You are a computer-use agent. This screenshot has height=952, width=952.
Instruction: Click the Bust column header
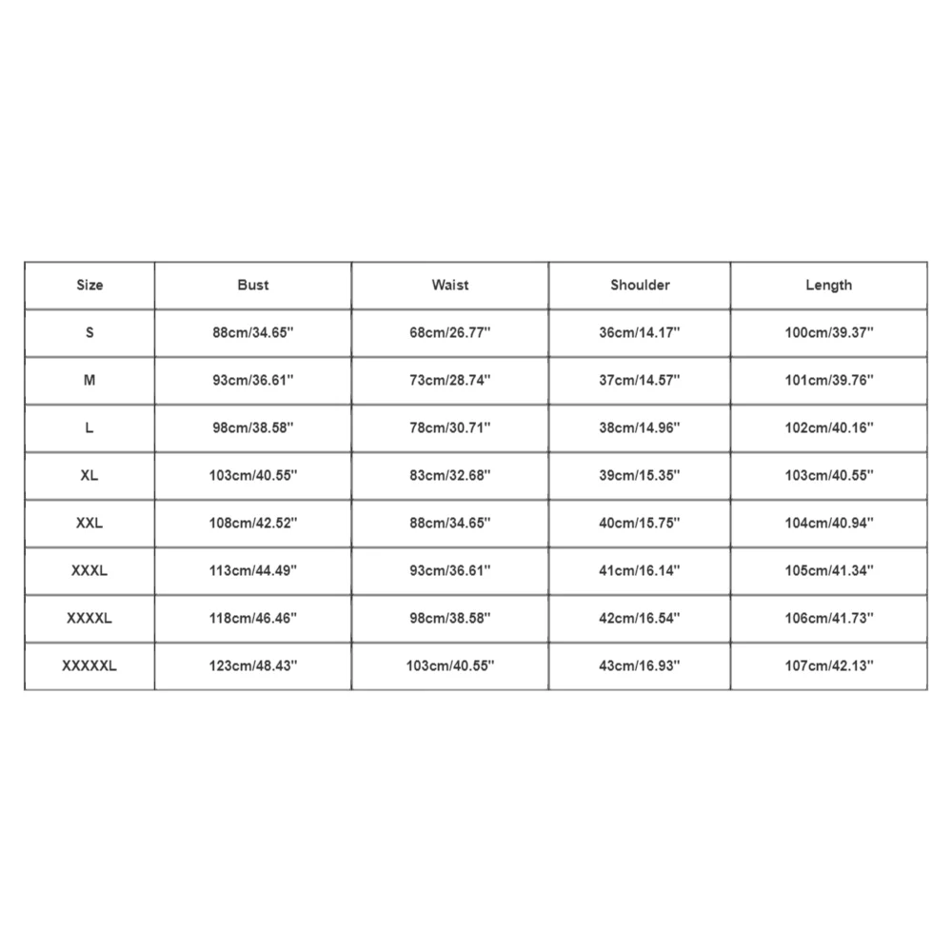coord(253,285)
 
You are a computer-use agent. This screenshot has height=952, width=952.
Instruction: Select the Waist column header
coord(449,285)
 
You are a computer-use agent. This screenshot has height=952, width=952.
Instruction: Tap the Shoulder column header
coord(640,285)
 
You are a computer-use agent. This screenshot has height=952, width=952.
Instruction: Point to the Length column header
coord(828,285)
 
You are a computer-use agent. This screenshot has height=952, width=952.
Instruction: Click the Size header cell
coord(89,285)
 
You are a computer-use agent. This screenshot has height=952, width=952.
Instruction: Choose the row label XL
coord(89,475)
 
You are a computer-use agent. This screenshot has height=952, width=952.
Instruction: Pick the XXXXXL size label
coord(89,665)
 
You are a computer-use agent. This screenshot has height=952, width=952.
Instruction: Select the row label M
coord(89,380)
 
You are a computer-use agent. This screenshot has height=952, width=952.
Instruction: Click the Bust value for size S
coord(253,332)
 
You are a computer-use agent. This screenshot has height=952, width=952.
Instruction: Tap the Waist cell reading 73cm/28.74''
coord(449,380)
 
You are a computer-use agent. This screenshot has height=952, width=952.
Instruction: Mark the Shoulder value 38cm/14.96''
coord(640,427)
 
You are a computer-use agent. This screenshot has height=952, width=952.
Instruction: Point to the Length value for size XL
coord(828,475)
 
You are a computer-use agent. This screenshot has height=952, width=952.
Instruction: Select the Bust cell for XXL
coord(253,523)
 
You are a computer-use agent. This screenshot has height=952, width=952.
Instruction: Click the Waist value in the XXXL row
coord(449,570)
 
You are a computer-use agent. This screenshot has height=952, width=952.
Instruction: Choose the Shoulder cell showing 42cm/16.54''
coord(640,618)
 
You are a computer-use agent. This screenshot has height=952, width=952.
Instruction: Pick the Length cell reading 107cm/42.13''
coord(828,665)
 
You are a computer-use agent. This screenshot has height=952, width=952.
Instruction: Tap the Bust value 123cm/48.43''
coord(253,665)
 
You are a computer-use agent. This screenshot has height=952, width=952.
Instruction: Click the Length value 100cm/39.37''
coord(828,332)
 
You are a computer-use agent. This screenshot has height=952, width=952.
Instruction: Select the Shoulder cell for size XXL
coord(640,523)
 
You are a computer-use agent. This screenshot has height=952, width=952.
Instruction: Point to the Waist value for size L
coord(449,427)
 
